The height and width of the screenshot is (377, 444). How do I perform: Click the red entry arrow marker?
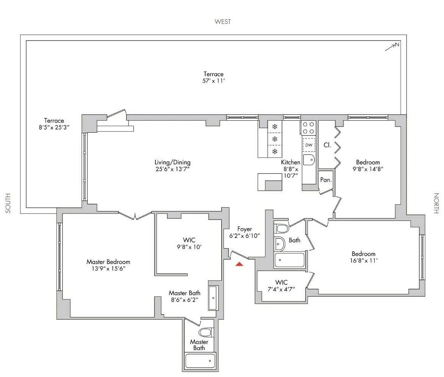click(x=239, y=264)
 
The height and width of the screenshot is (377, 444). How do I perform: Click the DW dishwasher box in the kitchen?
click(x=309, y=145)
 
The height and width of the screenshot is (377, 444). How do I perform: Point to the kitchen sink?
click(x=309, y=160)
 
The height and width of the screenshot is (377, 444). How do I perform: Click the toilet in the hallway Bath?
click(x=281, y=228)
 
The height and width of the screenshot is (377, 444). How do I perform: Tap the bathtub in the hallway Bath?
click(x=289, y=260)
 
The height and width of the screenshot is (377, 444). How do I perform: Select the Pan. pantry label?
click(x=326, y=180)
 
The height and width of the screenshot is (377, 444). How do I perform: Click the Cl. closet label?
click(x=328, y=145)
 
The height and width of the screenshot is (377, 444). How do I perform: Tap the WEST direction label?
click(x=222, y=22)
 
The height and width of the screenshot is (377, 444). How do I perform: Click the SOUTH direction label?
click(x=8, y=203)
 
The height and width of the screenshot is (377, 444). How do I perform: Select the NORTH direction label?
click(x=436, y=203)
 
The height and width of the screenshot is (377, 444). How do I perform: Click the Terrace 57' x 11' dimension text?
click(x=214, y=81)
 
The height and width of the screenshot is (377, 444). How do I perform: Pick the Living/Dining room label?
click(x=172, y=163)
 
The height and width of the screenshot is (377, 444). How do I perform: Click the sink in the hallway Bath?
click(x=279, y=244)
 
